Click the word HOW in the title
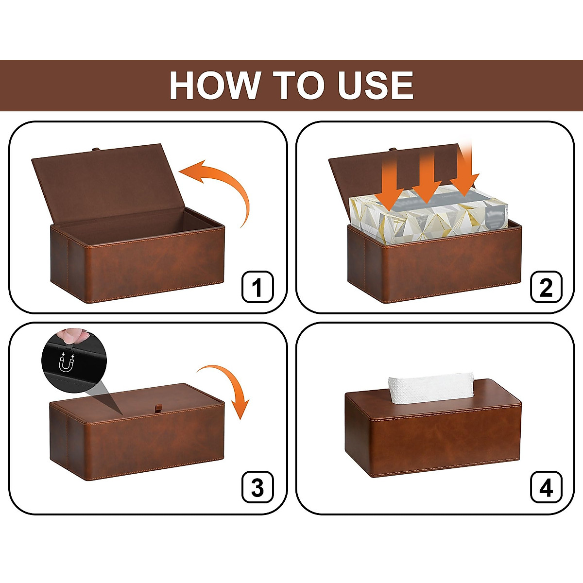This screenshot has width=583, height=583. click(214, 86)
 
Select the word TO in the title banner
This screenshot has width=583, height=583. click(298, 86)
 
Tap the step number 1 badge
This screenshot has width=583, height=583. click(257, 287)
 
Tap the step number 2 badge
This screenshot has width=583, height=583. click(546, 287)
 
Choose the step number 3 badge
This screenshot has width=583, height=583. click(257, 487)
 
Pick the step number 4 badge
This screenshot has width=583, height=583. click(546, 487)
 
